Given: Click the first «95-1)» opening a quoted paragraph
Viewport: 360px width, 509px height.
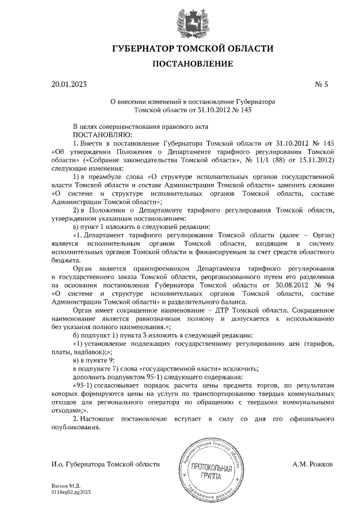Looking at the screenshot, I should (85, 386).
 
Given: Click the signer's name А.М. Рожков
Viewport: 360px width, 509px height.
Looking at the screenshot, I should (313, 465).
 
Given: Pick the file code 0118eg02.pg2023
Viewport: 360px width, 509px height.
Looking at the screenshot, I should (71, 492).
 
